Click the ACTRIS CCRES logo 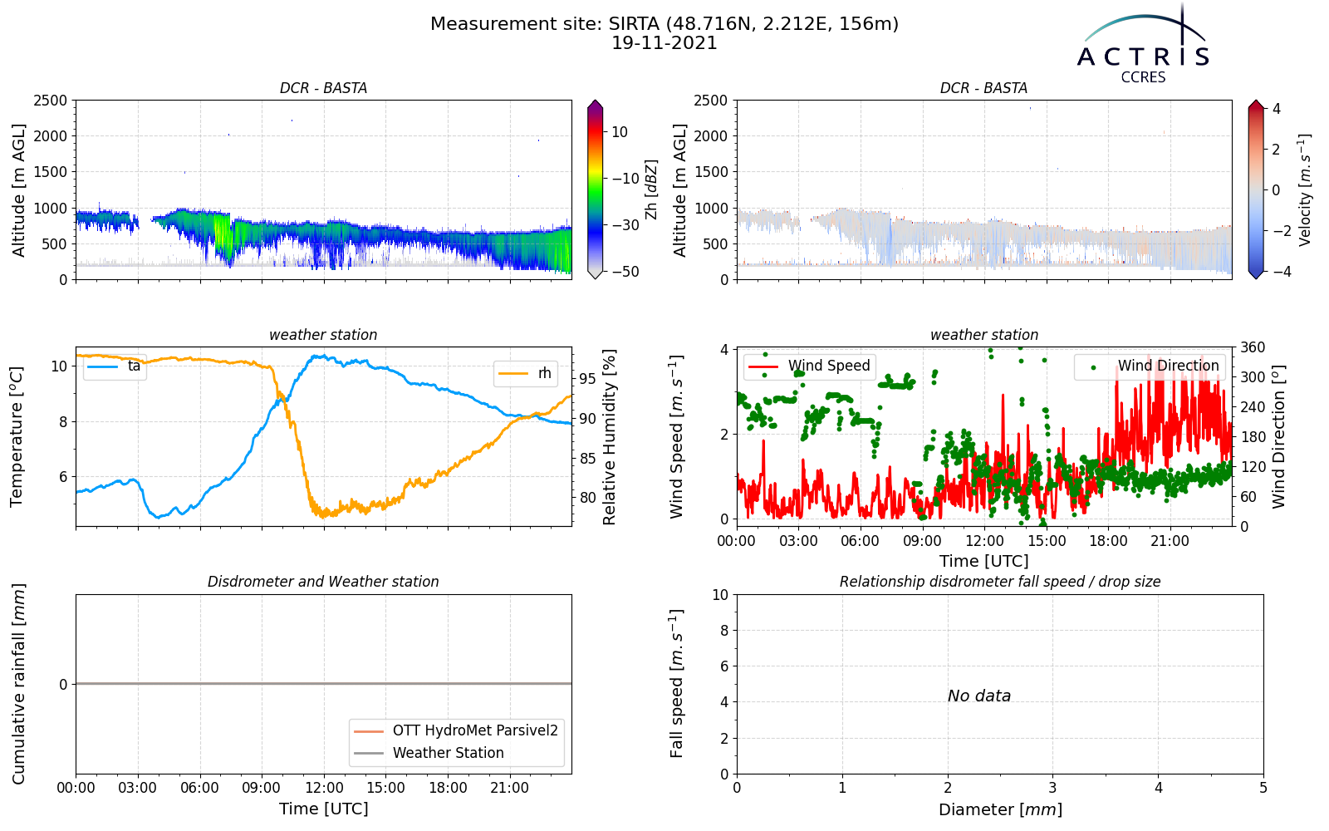click(1143, 45)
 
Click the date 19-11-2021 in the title click(664, 43)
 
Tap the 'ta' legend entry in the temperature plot click(114, 366)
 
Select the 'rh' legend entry click(524, 373)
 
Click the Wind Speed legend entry click(809, 366)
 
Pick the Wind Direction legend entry click(1149, 366)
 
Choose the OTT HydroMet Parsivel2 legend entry click(456, 730)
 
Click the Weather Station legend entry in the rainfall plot click(429, 753)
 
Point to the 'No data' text click(979, 696)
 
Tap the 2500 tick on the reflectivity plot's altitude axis click(50, 101)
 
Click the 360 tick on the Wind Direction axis click(1253, 348)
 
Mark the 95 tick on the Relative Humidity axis click(587, 379)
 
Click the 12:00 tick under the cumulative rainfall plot click(324, 789)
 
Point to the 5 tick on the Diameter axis click(1263, 789)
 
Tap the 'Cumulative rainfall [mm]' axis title click(18, 684)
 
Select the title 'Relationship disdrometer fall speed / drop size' click(1000, 582)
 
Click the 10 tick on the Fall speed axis click(720, 595)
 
